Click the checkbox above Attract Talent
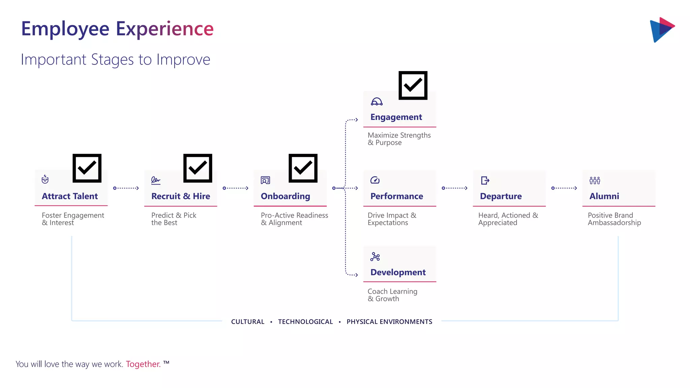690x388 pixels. click(87, 168)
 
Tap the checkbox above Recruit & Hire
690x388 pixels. click(198, 168)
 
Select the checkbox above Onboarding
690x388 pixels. click(303, 168)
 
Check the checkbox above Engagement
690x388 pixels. click(413, 85)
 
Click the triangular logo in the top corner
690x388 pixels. click(662, 30)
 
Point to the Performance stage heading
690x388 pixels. click(397, 196)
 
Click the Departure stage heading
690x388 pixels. click(501, 196)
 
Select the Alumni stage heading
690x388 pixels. click(604, 196)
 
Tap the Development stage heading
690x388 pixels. click(398, 272)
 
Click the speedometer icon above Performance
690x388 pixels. click(375, 180)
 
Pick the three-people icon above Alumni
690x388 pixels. click(595, 181)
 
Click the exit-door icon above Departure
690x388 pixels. click(485, 181)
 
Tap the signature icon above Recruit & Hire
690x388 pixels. click(156, 181)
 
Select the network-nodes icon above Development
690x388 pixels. click(375, 257)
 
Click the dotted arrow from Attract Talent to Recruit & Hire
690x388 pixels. click(126, 188)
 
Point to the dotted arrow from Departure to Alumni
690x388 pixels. click(564, 188)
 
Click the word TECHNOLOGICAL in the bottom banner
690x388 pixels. click(305, 322)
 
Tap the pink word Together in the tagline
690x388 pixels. click(143, 364)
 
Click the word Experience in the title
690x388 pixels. click(165, 29)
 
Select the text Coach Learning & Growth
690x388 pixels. click(392, 295)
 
